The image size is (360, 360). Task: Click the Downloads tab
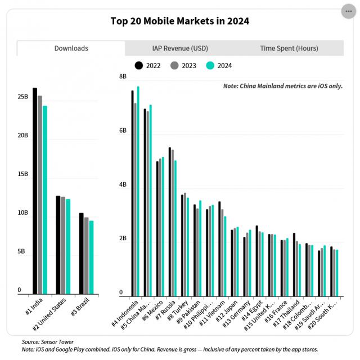[71, 48]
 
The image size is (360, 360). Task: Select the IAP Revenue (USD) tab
[180, 48]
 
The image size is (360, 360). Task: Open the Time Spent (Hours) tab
[289, 48]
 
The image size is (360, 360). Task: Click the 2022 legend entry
[147, 66]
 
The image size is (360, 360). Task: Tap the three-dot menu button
[349, 11]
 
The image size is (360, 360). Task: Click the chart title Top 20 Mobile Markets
[180, 21]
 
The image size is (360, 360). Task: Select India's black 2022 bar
[35, 191]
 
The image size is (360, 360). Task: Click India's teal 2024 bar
[45, 200]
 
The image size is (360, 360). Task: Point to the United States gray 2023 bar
[63, 245]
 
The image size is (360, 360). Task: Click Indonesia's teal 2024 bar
[138, 191]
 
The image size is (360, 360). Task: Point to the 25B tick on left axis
[22, 97]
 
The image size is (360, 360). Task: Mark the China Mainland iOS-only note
[282, 86]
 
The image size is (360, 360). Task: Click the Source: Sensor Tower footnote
[48, 341]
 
